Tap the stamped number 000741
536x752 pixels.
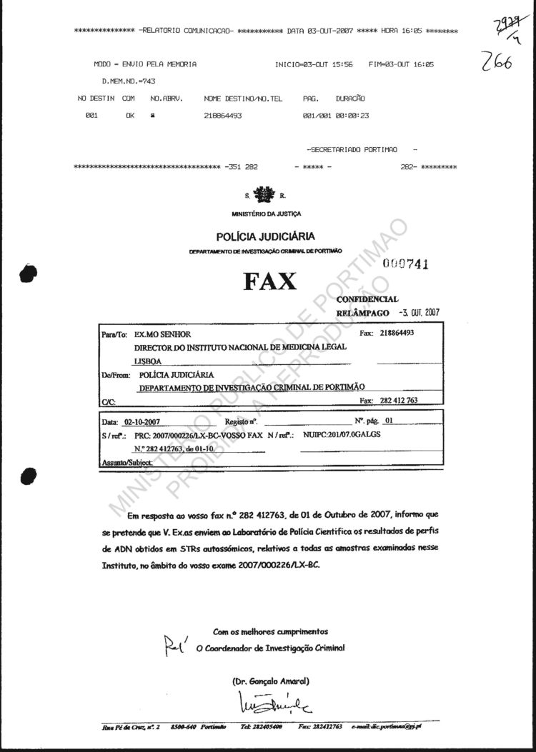pos(405,264)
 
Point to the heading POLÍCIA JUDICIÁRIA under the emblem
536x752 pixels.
pos(266,237)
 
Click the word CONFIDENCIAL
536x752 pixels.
pos(372,300)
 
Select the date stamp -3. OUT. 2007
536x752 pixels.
pos(424,312)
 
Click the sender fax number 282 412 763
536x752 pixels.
pos(399,401)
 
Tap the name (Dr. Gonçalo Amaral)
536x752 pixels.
pos(271,680)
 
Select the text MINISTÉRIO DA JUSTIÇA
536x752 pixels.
pos(267,214)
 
